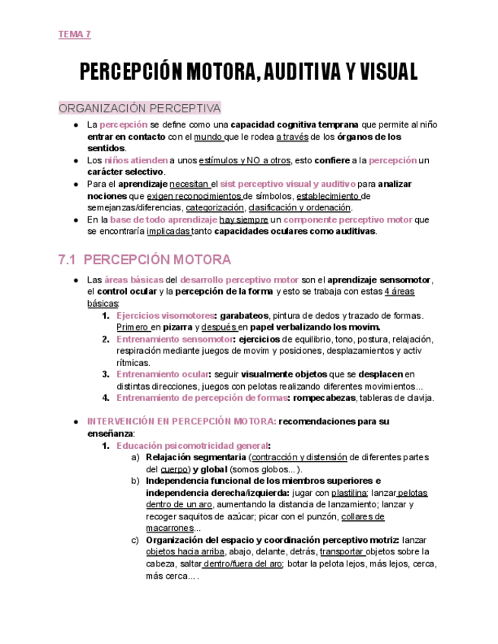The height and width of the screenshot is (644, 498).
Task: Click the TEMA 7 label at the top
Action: coord(75,35)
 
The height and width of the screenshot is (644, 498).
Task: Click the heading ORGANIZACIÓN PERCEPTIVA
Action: coord(139,108)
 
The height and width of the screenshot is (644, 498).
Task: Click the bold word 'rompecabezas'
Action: coord(325,398)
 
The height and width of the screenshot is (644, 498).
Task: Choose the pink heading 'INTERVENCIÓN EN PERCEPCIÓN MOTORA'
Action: coord(182,421)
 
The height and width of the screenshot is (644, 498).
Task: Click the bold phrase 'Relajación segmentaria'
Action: coord(195,458)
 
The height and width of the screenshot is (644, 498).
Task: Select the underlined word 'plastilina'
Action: coord(350,493)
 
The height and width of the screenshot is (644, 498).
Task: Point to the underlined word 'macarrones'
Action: coord(170,529)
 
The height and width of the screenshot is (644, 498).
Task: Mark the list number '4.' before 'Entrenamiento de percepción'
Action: coord(106,398)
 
